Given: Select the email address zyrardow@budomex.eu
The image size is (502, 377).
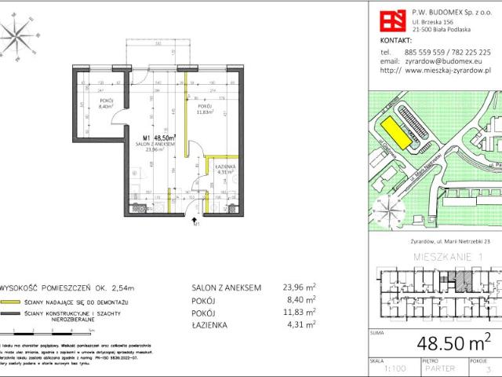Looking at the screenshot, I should coord(438,60).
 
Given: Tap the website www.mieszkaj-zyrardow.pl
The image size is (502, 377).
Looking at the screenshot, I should coord(449,69).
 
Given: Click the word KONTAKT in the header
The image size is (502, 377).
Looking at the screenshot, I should coord(395,38).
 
